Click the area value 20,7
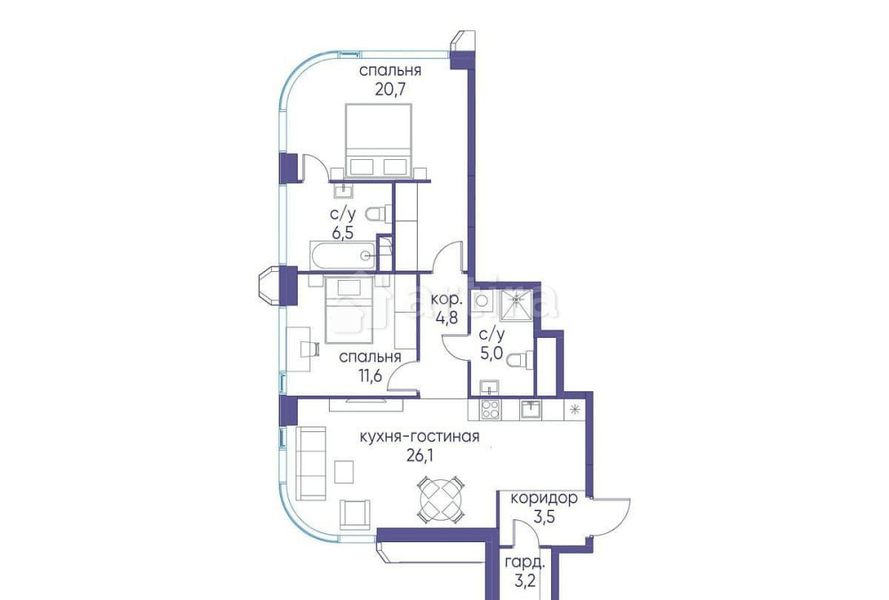coord(390,89)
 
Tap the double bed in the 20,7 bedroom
coord(378,140)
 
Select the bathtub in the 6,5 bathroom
coord(343,256)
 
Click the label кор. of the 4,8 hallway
coord(444,300)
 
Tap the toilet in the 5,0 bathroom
coord(527,358)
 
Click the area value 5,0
coord(492,353)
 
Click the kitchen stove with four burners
coord(490,410)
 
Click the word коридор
coord(544,499)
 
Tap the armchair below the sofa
coord(355,513)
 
